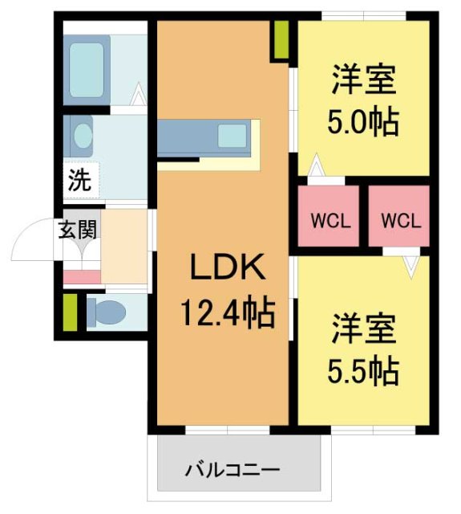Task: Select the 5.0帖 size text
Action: coord(363,123)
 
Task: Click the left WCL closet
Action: coord(330,219)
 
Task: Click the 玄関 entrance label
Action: coord(78,230)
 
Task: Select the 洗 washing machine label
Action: coord(79,181)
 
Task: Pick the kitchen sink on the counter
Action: coord(233,136)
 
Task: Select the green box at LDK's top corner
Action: coord(280,40)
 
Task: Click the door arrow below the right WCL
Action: coord(412,263)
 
